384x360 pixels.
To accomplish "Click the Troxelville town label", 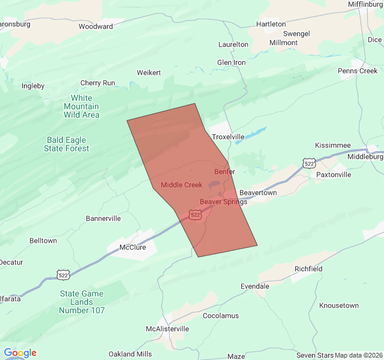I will pos(228,137).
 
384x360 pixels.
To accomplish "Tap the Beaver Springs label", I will pos(223,202).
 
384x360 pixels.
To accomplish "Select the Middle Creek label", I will pos(181,185).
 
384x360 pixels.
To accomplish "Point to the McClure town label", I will pos(133,247).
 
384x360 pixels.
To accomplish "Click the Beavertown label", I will pos(258,193).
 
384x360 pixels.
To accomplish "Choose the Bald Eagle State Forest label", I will pos(68,144).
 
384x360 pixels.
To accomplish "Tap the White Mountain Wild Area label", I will pos(82,106).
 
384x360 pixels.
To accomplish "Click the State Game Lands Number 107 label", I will pos(82,302).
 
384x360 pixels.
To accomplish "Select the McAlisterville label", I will pos(167,329).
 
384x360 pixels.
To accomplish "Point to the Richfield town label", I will pos(308,269).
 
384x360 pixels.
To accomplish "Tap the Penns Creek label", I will pos(358,71).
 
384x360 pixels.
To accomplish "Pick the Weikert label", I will pos(149,73).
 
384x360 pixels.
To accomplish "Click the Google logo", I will pos(20,353).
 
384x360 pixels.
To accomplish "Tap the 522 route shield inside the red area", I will pos(195,214).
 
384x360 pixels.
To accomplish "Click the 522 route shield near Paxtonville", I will pos(309,163).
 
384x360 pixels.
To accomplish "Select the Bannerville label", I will pos(103,218).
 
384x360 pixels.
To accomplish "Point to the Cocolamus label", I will pos(221,316).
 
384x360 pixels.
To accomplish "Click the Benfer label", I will pos(224,172).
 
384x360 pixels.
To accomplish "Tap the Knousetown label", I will pos(339,305).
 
